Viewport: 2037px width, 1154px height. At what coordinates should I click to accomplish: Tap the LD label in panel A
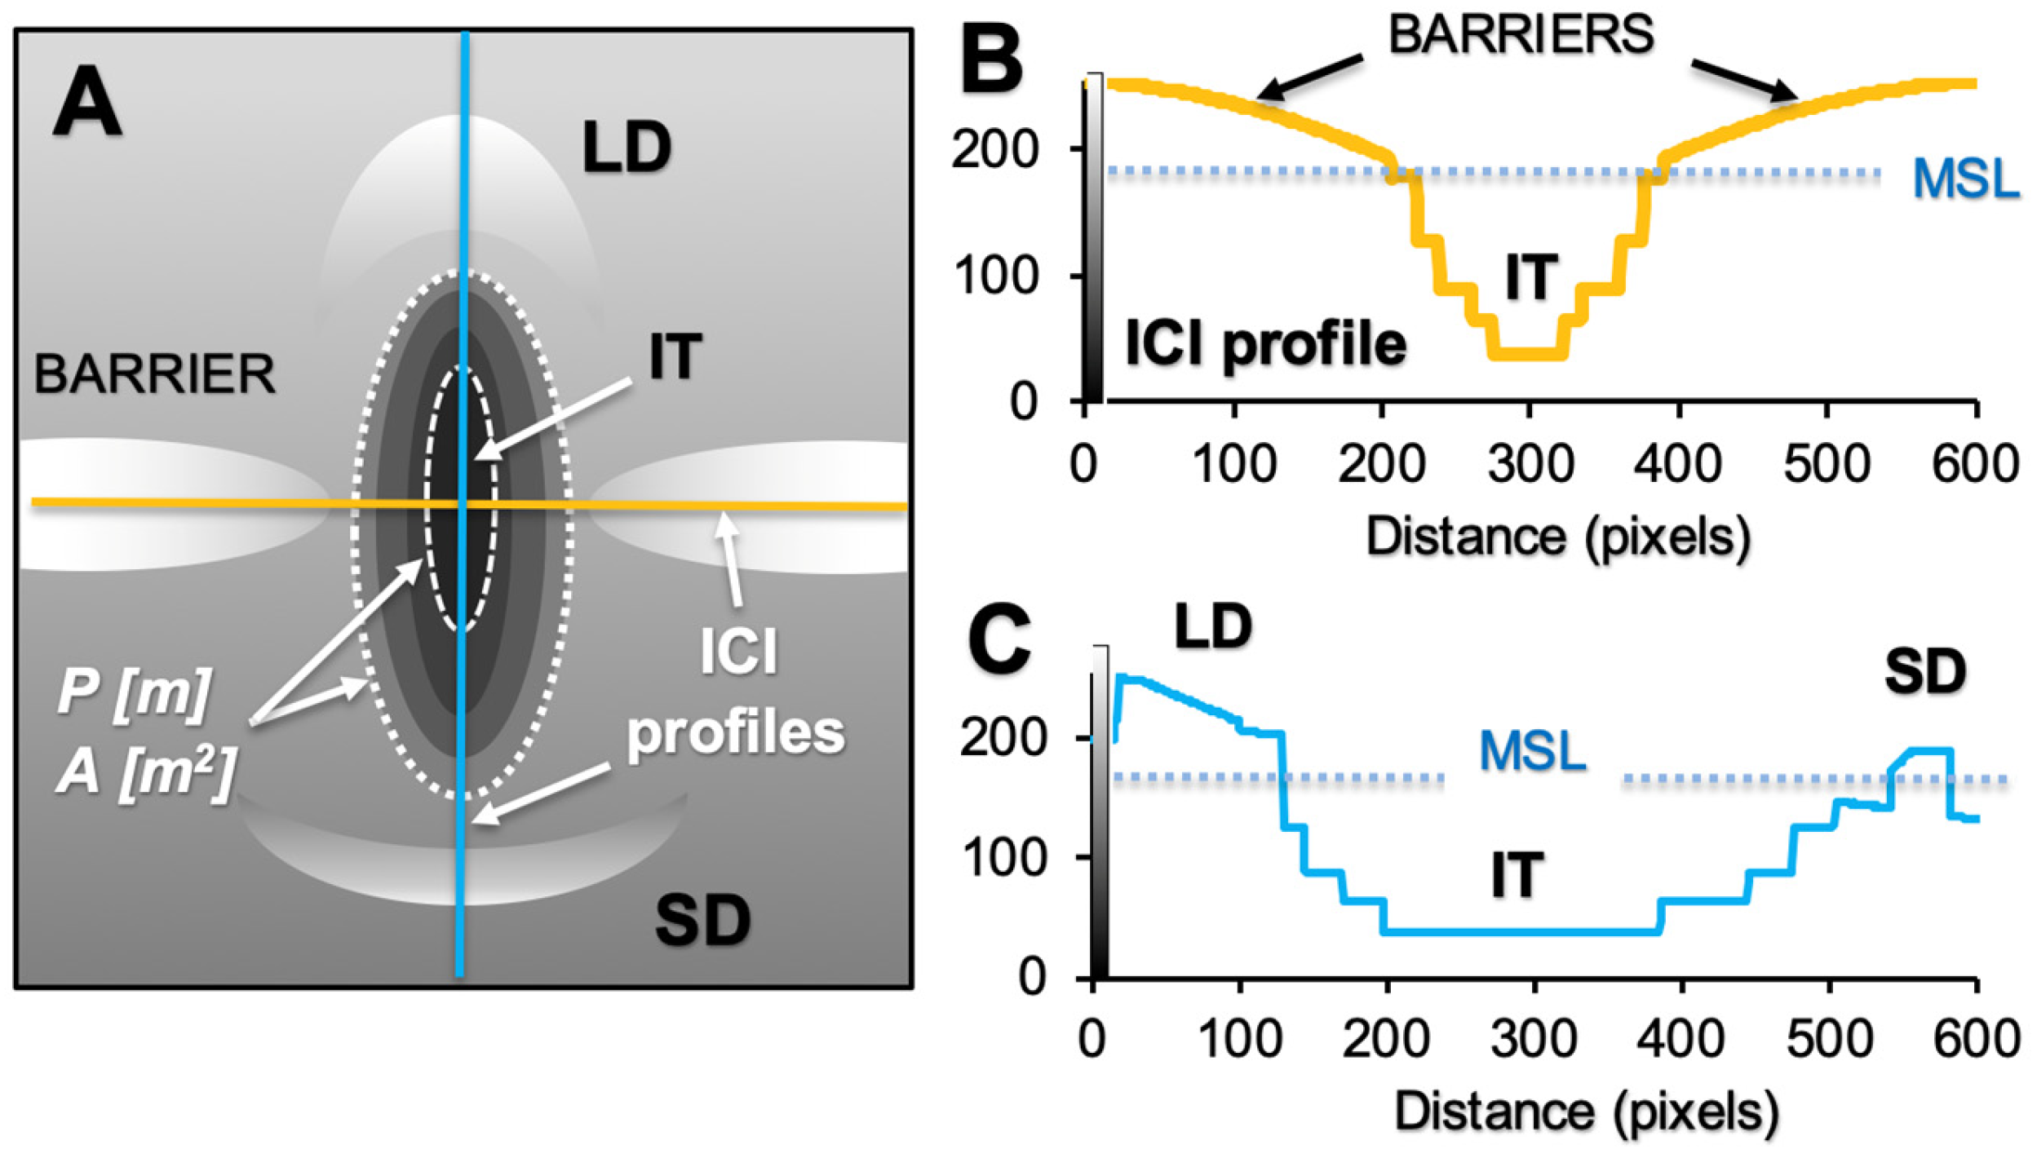pyautogui.click(x=627, y=148)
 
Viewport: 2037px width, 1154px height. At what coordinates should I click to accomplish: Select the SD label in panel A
pyautogui.click(x=702, y=920)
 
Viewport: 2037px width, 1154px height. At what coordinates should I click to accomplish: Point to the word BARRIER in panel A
pyautogui.click(x=154, y=374)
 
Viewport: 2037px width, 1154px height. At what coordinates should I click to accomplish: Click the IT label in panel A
pyautogui.click(x=675, y=357)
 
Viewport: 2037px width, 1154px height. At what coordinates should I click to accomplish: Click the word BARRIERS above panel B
pyautogui.click(x=1521, y=35)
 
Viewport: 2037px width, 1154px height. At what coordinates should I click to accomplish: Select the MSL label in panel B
pyautogui.click(x=1966, y=179)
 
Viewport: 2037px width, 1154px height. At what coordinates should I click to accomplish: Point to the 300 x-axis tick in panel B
pyautogui.click(x=1530, y=464)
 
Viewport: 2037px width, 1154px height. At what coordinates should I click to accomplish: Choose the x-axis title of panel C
pyautogui.click(x=1587, y=1111)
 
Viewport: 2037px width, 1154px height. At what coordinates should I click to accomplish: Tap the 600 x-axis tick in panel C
pyautogui.click(x=1976, y=1039)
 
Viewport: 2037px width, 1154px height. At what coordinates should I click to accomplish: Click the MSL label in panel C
pyautogui.click(x=1533, y=750)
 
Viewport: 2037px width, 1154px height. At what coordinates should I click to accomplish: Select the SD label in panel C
pyautogui.click(x=1925, y=672)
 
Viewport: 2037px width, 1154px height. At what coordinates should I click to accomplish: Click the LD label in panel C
pyautogui.click(x=1213, y=627)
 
